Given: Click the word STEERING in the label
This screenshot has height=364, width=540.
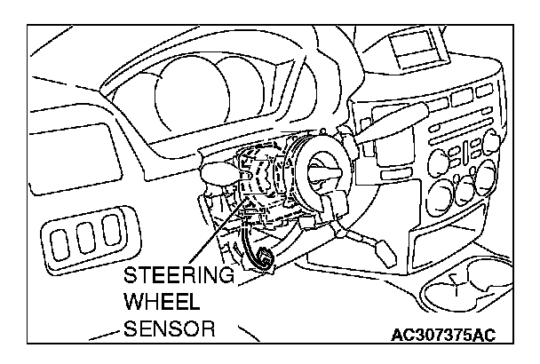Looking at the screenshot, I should point(180,275).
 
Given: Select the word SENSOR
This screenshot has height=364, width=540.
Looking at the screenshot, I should point(171,328).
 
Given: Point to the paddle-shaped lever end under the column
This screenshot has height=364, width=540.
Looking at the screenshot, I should point(367,243).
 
